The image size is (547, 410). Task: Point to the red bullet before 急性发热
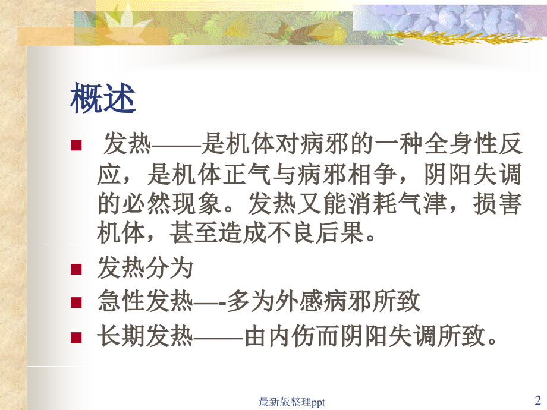point(76,303)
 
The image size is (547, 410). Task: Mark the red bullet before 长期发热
point(76,338)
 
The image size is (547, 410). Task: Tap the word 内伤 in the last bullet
point(293,338)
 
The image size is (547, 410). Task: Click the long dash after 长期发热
point(219,338)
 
